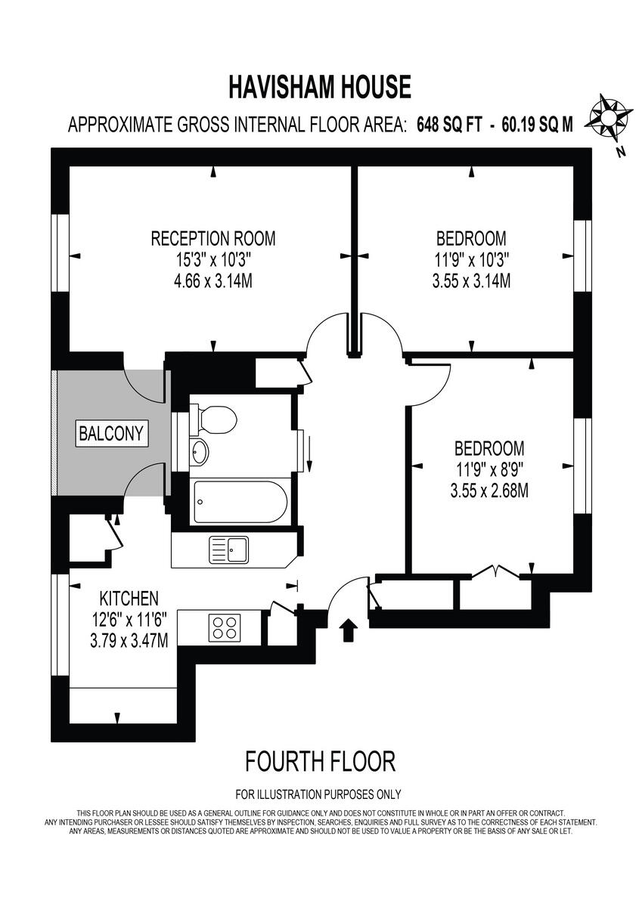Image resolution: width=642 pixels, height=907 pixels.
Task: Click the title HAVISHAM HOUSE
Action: click(320, 88)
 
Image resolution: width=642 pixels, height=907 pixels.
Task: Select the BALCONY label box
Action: click(111, 434)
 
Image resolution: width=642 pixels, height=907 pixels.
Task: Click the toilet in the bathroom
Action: click(216, 418)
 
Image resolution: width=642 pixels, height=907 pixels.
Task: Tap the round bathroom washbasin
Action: click(200, 452)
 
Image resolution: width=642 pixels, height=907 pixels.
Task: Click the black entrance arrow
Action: click(349, 630)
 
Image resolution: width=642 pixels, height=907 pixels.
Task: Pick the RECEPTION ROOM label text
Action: click(213, 239)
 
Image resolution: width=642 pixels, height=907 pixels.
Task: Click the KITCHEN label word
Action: click(127, 599)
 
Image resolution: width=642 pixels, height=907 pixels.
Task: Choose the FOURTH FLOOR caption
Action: click(320, 761)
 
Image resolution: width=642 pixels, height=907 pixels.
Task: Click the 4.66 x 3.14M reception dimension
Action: click(213, 281)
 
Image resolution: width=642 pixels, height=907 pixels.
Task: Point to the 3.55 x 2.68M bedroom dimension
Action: click(488, 491)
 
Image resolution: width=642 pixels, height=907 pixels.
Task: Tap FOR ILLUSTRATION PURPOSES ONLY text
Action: click(318, 794)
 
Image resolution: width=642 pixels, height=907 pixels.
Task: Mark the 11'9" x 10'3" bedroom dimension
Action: click(470, 260)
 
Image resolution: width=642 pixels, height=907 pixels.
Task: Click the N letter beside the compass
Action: click(620, 151)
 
